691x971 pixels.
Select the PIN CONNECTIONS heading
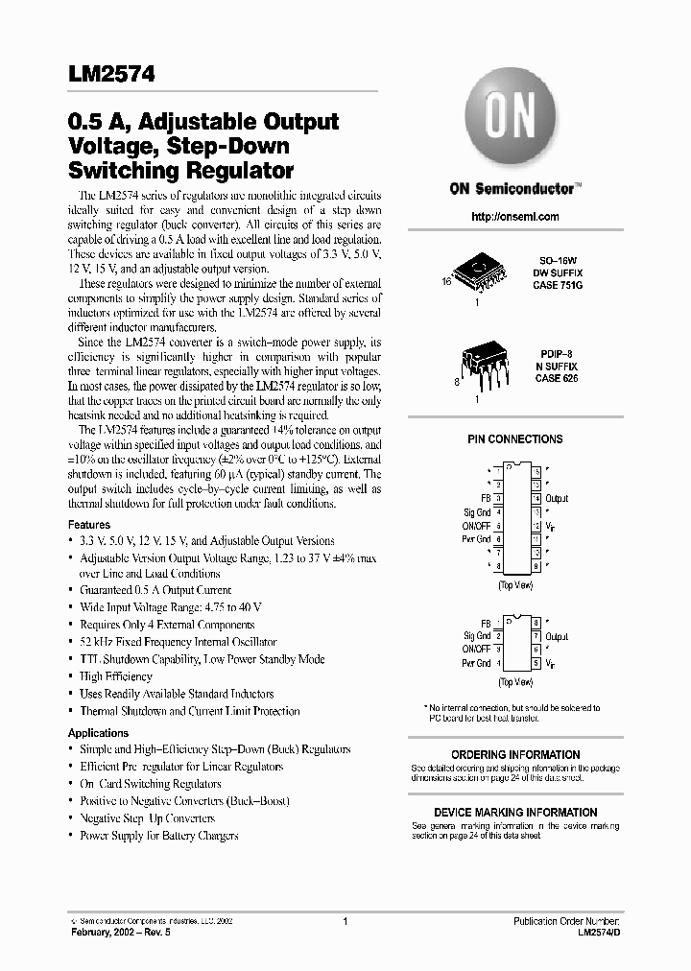tap(515, 439)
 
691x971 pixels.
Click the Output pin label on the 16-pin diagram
tap(557, 499)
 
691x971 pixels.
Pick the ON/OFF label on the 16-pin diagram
tap(477, 526)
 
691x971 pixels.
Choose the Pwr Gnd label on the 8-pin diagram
tap(476, 663)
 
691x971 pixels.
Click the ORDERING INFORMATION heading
tap(515, 755)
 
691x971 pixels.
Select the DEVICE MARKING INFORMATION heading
tap(515, 812)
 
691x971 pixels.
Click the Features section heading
tap(89, 526)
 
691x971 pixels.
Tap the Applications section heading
tap(98, 733)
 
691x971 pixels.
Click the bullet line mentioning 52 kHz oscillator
tap(179, 642)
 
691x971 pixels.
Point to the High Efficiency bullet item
tap(116, 676)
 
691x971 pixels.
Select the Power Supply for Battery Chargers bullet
tap(158, 836)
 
